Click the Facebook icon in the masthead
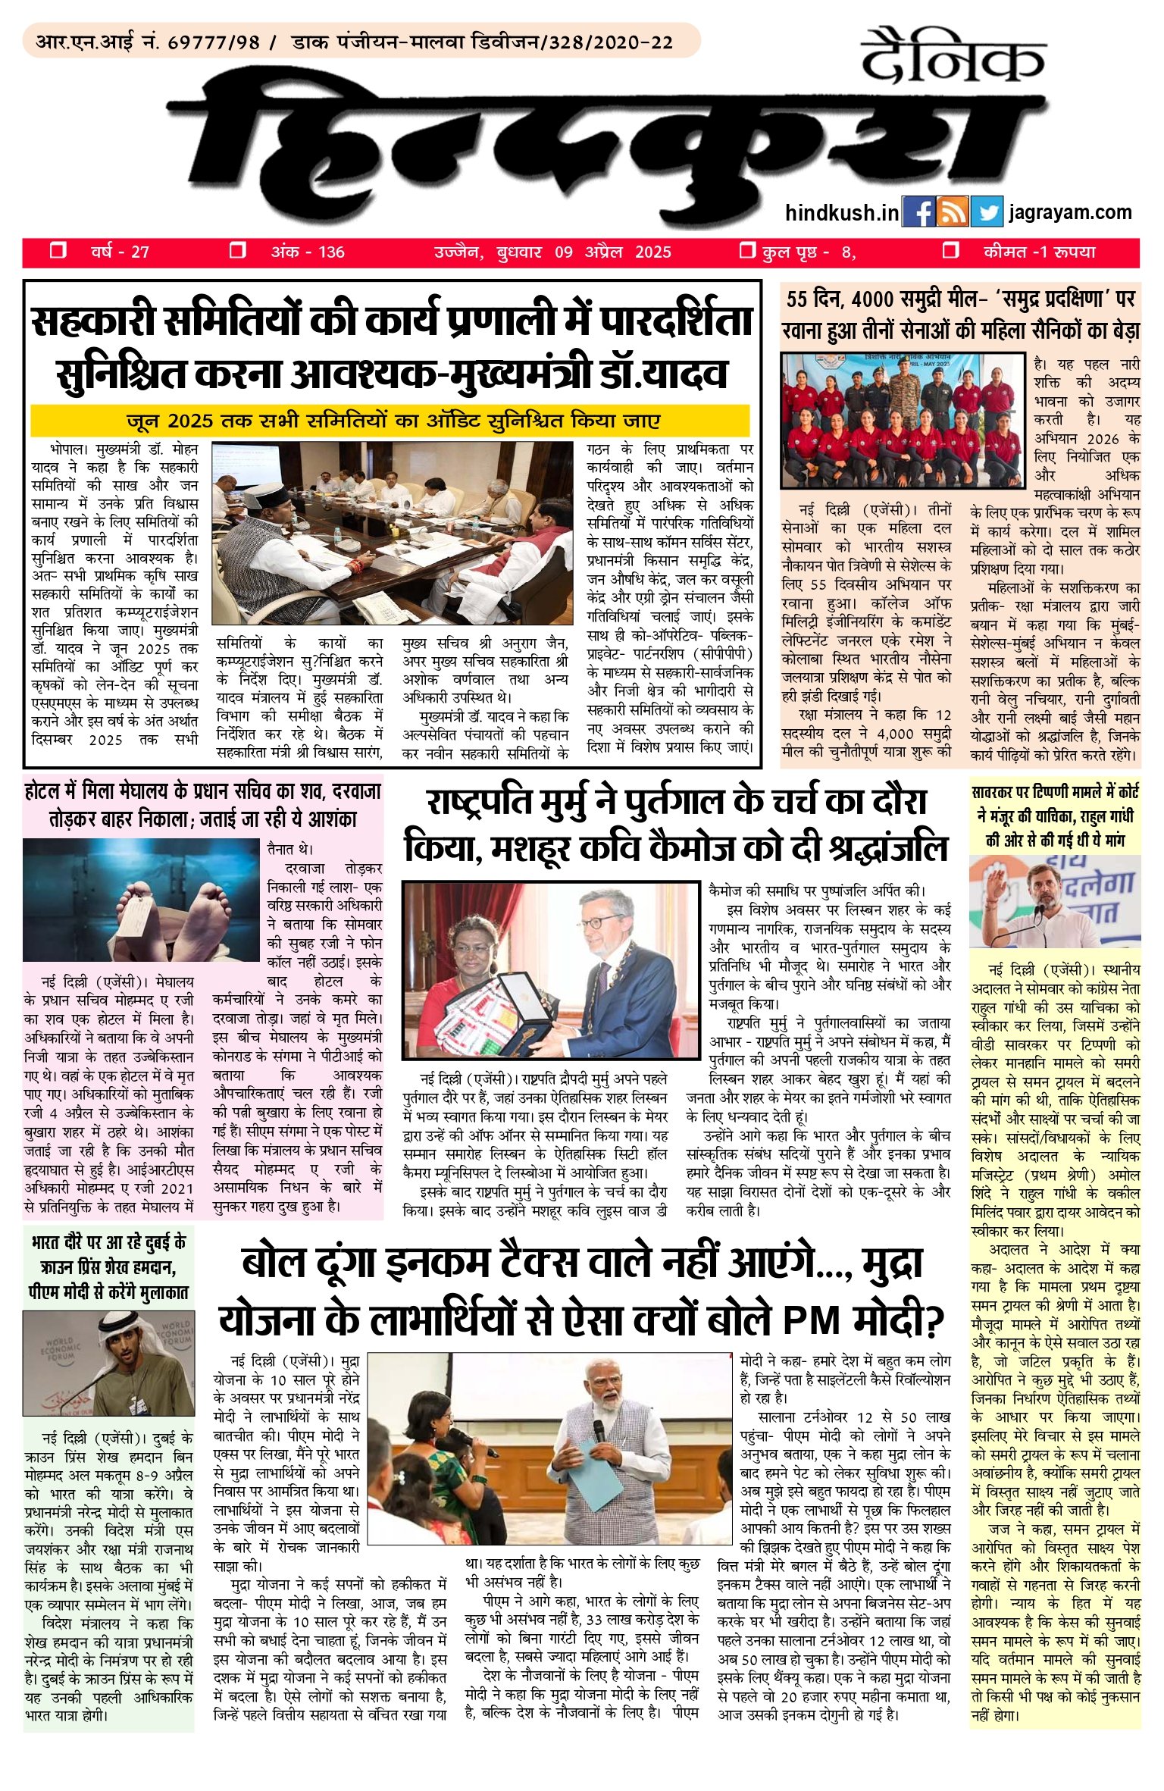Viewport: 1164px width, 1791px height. click(x=918, y=212)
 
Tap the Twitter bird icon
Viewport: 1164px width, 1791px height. click(x=986, y=212)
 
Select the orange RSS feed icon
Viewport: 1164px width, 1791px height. click(x=952, y=212)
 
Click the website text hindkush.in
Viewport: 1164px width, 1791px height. click(x=842, y=213)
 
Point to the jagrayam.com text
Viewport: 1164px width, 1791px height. click(x=1070, y=212)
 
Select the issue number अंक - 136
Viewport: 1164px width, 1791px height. click(x=308, y=252)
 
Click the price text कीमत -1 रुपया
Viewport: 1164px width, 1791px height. click(x=1039, y=252)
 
